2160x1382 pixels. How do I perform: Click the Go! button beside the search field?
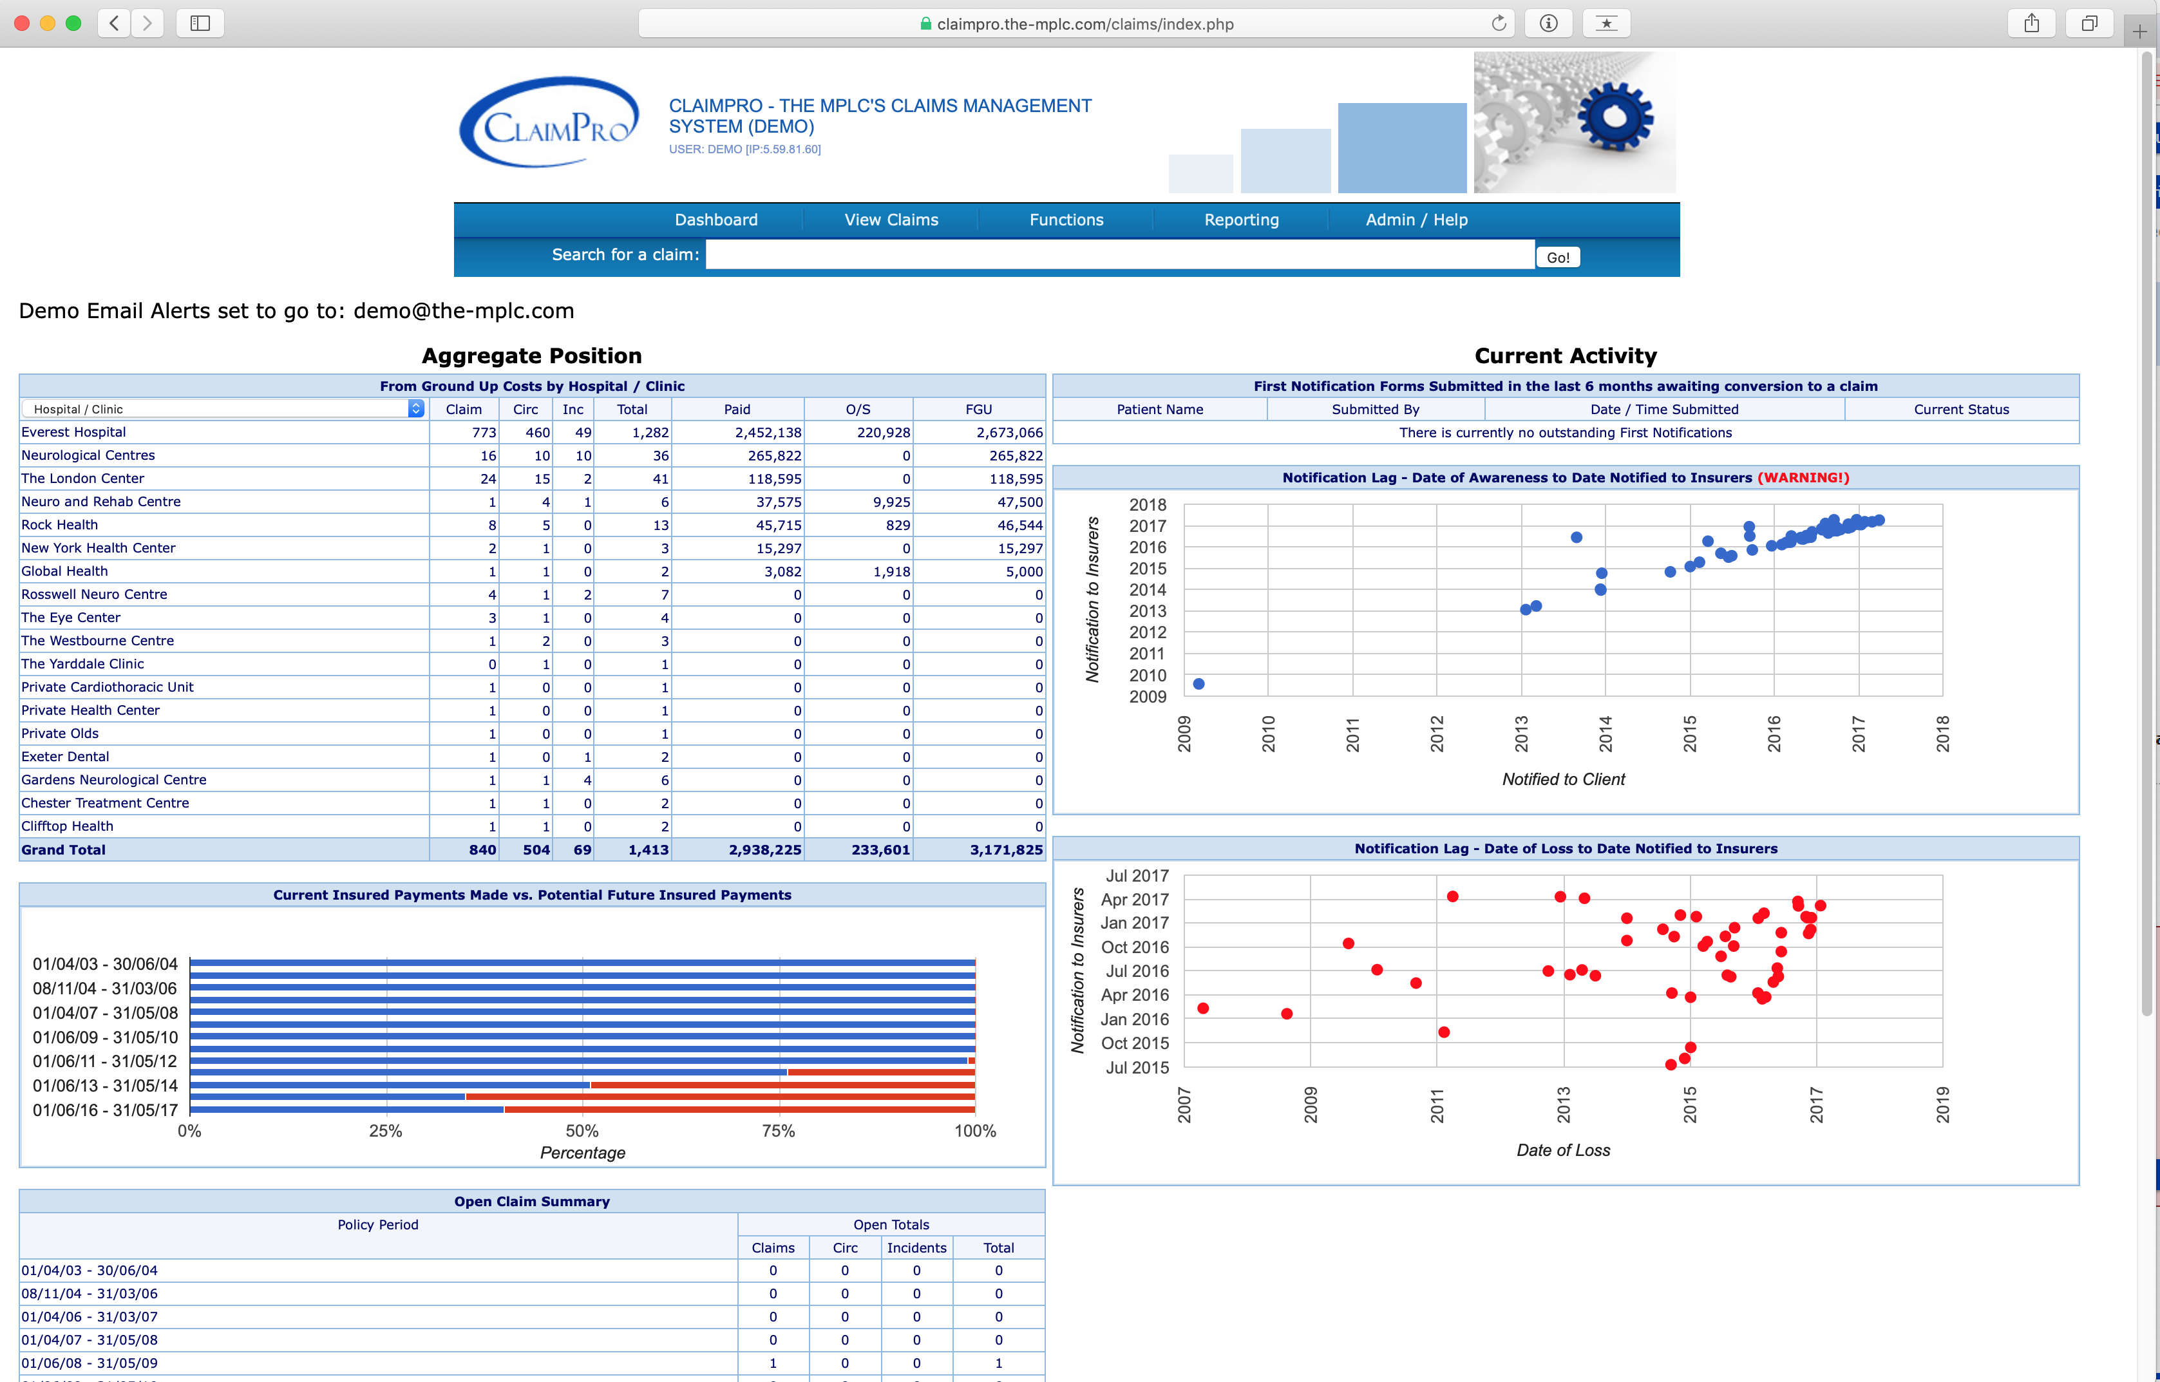(x=1557, y=258)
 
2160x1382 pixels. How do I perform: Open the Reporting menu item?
(x=1241, y=220)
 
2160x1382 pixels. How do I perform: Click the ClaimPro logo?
(x=549, y=123)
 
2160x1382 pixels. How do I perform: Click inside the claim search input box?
(x=1119, y=255)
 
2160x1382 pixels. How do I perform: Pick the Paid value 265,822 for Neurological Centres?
(x=775, y=456)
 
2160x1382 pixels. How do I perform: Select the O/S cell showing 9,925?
(x=891, y=502)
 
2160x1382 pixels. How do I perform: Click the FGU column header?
(x=978, y=409)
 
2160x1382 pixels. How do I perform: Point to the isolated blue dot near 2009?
(x=1199, y=684)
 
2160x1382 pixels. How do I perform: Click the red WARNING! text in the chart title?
(x=1802, y=477)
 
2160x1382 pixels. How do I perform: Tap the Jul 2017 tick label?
(x=1137, y=876)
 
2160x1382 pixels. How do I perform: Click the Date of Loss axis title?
(x=1563, y=1150)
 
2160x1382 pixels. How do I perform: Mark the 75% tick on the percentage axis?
(x=778, y=1131)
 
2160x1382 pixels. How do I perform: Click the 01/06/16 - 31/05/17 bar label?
(x=105, y=1110)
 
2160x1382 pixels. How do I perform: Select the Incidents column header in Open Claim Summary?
(x=916, y=1247)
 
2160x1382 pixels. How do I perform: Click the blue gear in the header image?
(x=1615, y=117)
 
